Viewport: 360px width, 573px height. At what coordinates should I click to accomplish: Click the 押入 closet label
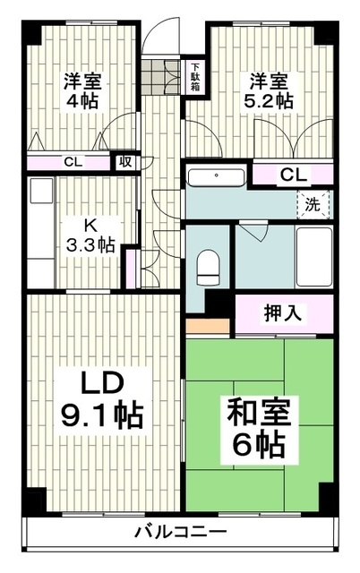coord(282,313)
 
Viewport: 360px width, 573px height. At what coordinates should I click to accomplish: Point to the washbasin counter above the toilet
coord(218,175)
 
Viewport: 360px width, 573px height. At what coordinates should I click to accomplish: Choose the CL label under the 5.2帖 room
coord(290,174)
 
